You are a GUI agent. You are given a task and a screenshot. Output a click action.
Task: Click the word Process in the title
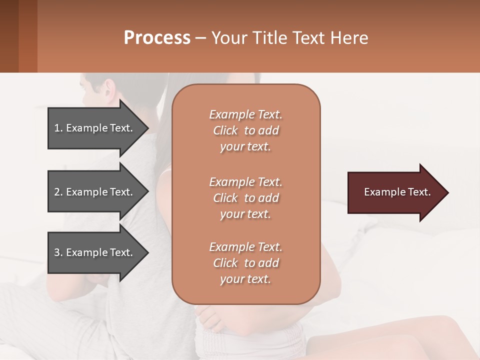pos(157,38)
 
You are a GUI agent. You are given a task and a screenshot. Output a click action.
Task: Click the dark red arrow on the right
pos(395,192)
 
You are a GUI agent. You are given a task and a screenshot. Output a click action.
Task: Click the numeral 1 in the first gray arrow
pos(57,128)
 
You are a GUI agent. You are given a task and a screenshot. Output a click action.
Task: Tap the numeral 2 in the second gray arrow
pos(57,192)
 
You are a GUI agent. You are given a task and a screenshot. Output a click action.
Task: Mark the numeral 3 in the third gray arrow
pos(57,252)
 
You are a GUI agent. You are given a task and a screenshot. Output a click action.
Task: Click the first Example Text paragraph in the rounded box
pos(245,130)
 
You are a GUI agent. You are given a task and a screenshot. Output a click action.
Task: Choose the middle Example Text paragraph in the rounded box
pos(245,198)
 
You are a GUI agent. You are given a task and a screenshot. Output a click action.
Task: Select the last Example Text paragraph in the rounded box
pos(245,263)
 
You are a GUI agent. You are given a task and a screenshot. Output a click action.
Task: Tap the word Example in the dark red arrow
pos(382,192)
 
